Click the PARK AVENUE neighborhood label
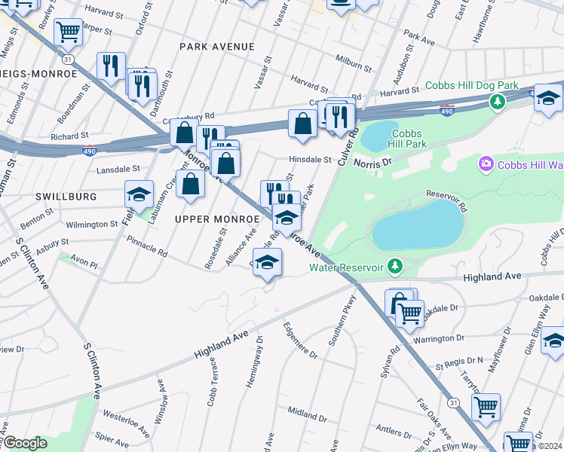pos(216,47)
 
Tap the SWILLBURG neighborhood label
pos(66,196)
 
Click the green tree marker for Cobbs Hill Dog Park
pos(497,101)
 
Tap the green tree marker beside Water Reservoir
pos(394,266)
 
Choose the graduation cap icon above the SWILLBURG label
pos(139,194)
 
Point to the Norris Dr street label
pos(375,162)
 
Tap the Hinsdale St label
pos(310,160)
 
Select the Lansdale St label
pos(118,169)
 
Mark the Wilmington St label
pos(87,224)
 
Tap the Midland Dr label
pos(306,412)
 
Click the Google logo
pos(25,443)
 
